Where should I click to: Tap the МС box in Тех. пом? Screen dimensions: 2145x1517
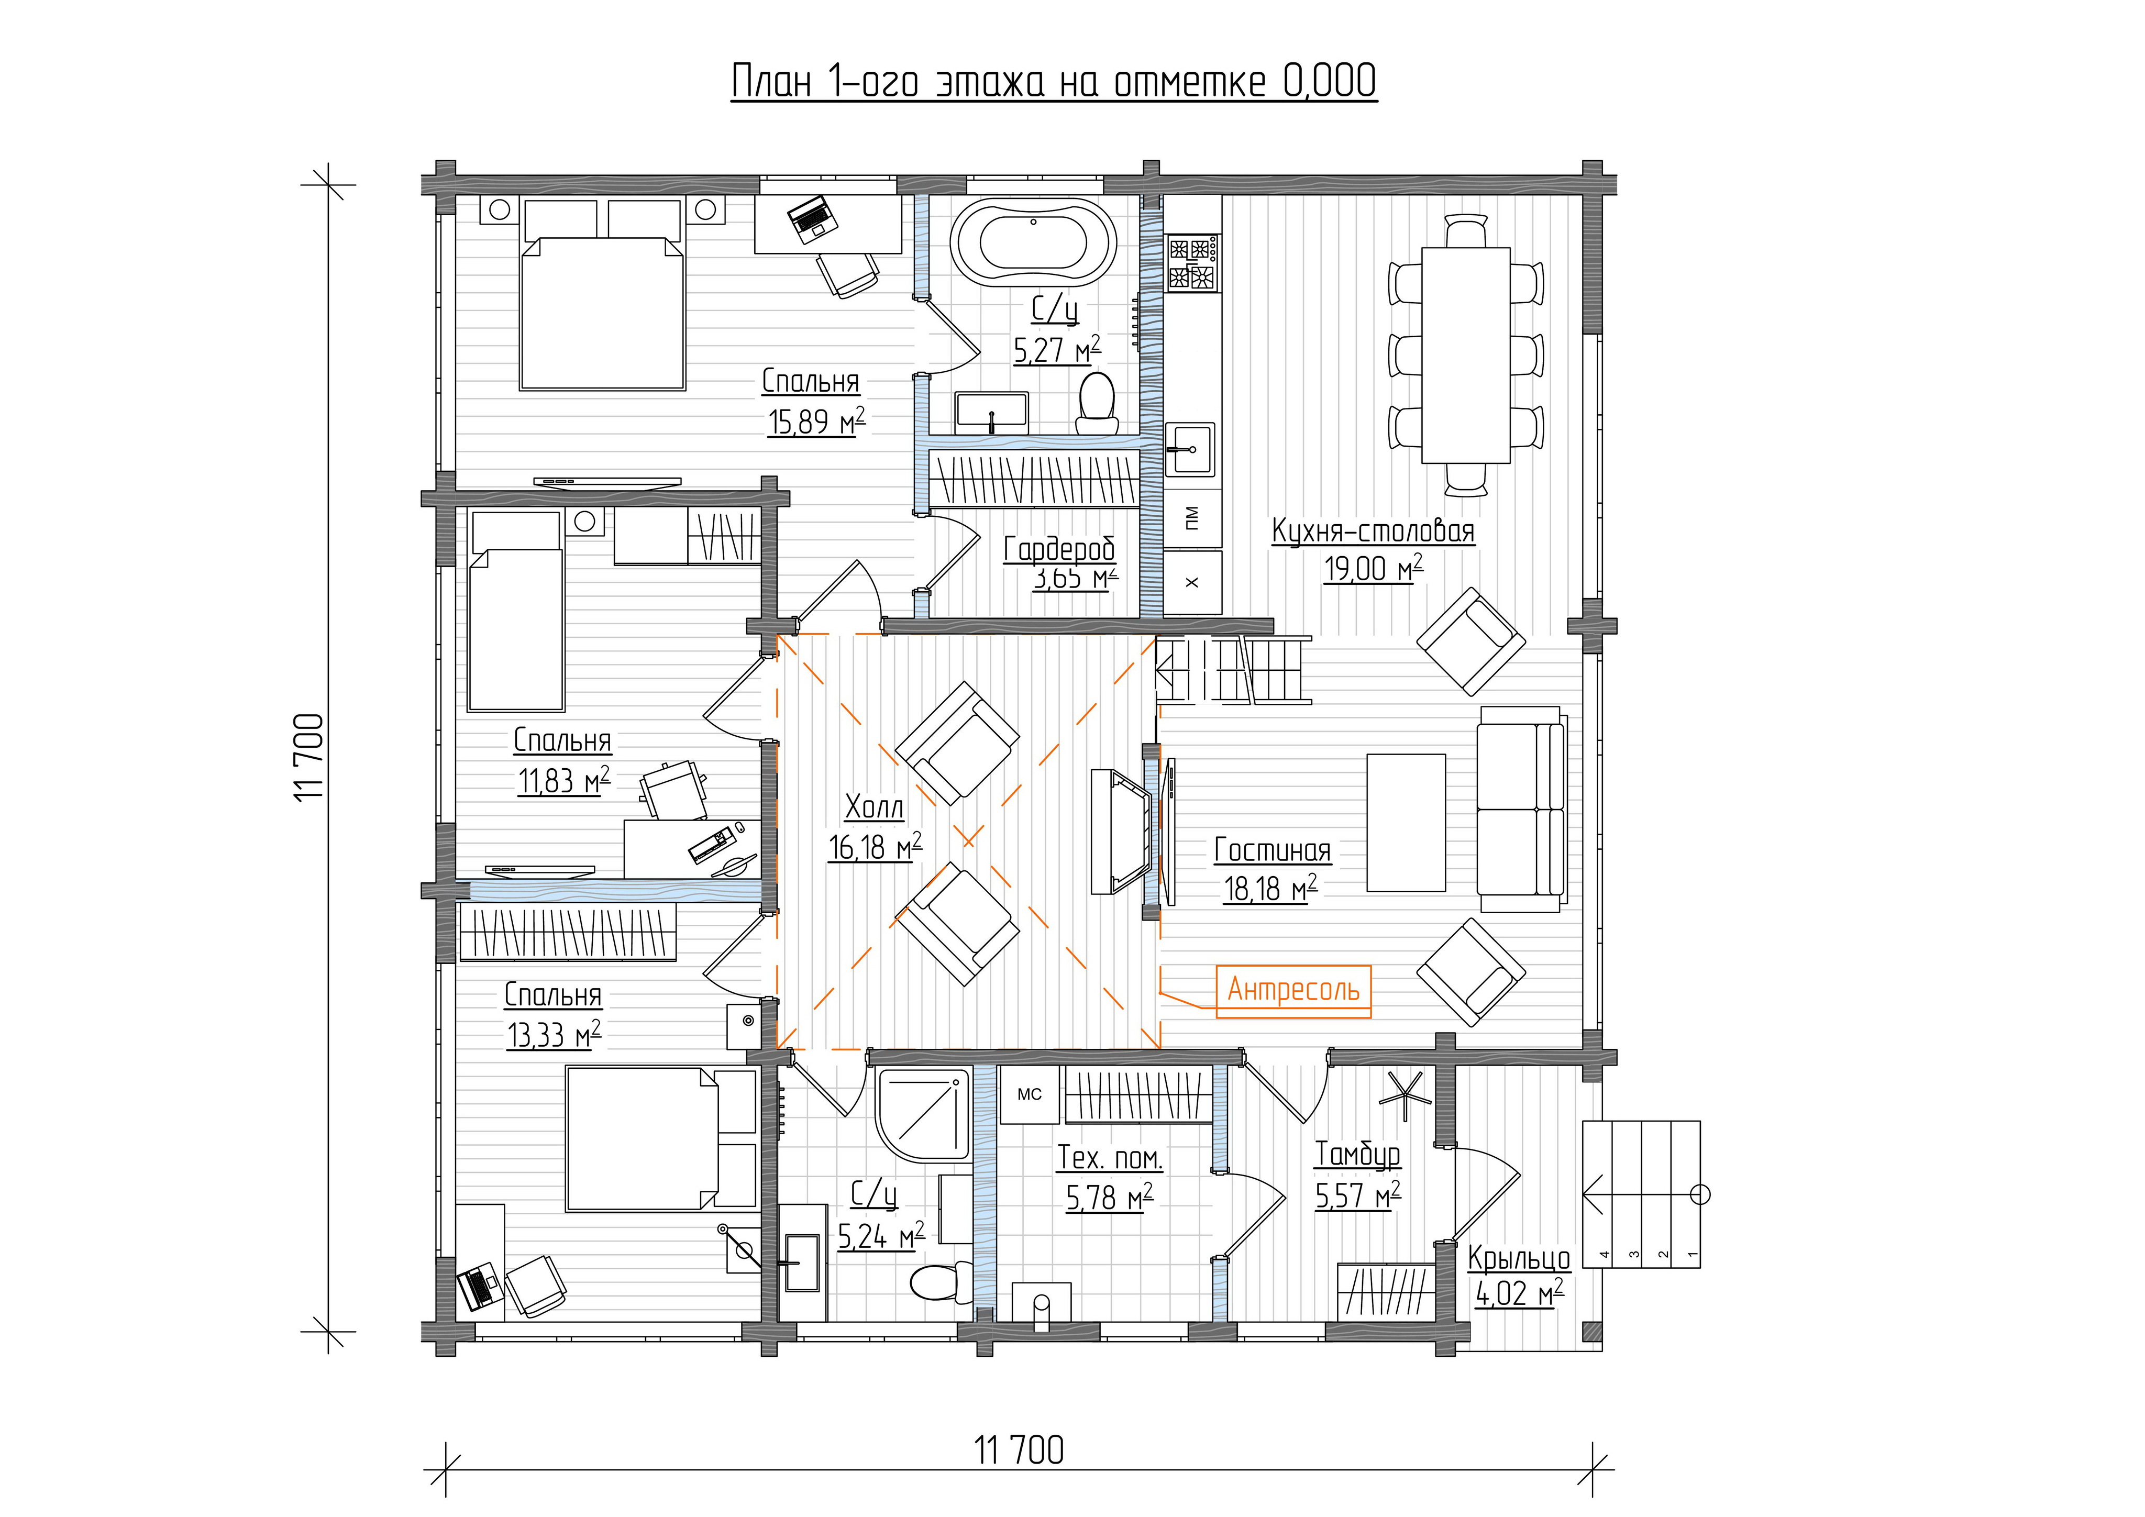[1030, 1095]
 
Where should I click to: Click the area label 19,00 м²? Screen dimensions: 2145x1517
[1373, 568]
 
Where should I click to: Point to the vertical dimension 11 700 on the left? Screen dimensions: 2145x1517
[309, 757]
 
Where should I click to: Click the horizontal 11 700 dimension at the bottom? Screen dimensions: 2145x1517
[1019, 1450]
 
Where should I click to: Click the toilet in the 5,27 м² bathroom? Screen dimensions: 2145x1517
[1097, 404]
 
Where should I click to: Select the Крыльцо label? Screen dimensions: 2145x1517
[1519, 1258]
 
